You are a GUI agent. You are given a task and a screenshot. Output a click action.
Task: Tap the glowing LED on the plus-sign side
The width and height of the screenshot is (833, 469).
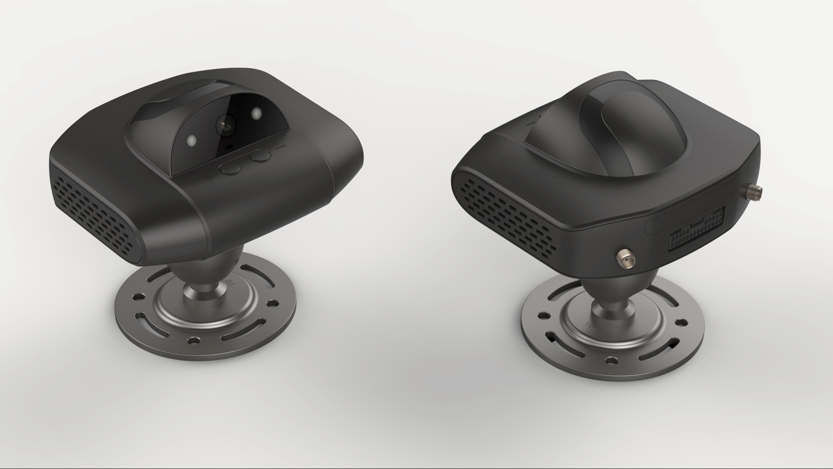pos(191,141)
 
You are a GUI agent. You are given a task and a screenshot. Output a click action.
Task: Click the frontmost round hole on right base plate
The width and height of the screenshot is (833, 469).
pos(612,360)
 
